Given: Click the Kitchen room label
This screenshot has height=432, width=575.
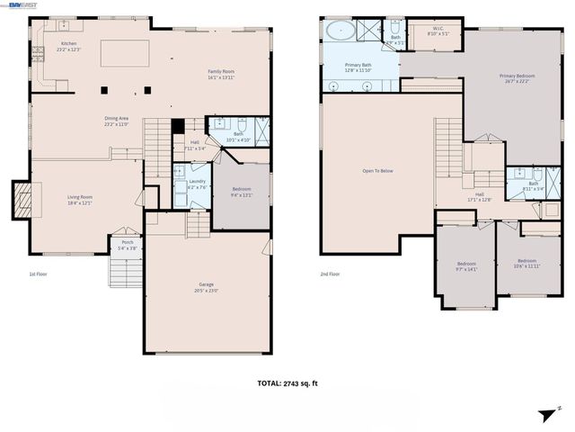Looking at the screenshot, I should click(x=69, y=43).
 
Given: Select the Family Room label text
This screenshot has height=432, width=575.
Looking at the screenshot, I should click(x=220, y=72).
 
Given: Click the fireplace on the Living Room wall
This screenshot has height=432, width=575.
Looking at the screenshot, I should click(x=22, y=200).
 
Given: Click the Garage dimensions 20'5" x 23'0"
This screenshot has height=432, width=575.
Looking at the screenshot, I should click(x=207, y=291).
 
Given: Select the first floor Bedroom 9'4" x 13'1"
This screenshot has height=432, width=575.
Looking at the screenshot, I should click(x=242, y=193).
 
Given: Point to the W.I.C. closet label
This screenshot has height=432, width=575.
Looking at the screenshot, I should click(x=438, y=29).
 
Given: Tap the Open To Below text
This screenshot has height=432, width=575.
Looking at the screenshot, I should click(x=377, y=170).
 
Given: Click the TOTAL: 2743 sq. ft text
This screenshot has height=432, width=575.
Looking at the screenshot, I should click(x=287, y=383).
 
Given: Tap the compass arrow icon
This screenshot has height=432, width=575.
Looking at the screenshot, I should click(x=546, y=414).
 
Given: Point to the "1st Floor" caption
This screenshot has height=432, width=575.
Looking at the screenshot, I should click(x=39, y=274).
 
